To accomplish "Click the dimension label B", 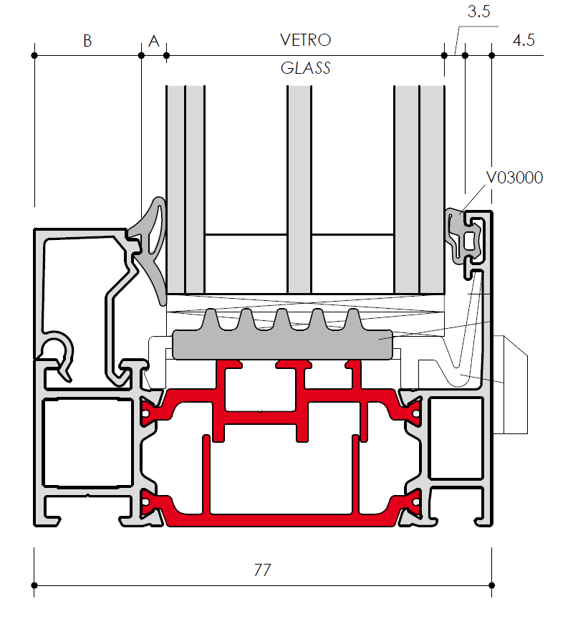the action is click(x=87, y=41).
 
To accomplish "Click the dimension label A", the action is click(x=154, y=41).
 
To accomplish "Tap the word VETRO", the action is click(x=305, y=40).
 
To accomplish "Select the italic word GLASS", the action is click(x=305, y=68).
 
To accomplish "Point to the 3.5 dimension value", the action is click(x=478, y=11).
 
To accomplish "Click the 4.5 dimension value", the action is click(x=524, y=40).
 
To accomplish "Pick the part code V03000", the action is click(x=514, y=178).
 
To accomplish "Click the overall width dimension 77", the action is click(x=262, y=570).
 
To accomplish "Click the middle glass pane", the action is click(x=299, y=189).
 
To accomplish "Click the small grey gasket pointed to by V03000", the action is click(x=463, y=237).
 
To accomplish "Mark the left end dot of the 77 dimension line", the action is click(x=34, y=585).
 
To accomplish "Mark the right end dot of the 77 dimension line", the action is click(x=491, y=585).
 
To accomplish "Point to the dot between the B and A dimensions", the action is click(x=141, y=56).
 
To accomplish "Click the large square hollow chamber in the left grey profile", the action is click(x=87, y=443).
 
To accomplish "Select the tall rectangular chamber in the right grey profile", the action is click(x=456, y=438).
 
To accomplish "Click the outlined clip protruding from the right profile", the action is click(x=515, y=385).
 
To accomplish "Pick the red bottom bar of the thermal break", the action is click(x=281, y=520).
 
